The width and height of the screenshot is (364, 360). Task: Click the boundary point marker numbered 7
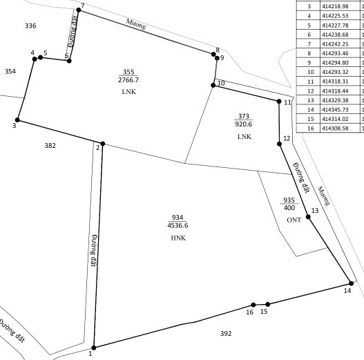(x=79, y=10)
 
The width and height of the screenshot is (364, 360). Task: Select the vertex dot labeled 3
(x=17, y=120)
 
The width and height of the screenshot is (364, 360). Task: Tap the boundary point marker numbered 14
(x=352, y=283)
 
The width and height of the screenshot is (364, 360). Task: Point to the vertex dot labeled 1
(x=93, y=348)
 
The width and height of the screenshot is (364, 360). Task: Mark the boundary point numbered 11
(x=279, y=102)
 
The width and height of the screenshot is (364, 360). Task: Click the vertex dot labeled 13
(x=308, y=217)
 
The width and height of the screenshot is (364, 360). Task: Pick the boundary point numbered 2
(x=103, y=144)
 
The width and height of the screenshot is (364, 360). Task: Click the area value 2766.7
(x=128, y=80)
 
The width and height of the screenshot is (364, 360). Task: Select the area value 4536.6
(x=178, y=225)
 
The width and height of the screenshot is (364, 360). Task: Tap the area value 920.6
(x=244, y=124)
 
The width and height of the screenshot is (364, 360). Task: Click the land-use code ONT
(x=294, y=220)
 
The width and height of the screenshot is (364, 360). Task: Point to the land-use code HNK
(x=178, y=238)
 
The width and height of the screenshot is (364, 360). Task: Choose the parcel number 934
(x=178, y=218)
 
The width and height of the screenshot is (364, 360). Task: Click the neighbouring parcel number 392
(x=226, y=334)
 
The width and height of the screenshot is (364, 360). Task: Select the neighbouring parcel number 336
(x=30, y=26)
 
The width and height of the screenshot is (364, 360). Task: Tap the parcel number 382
(x=50, y=146)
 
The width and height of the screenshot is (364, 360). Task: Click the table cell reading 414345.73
(x=335, y=110)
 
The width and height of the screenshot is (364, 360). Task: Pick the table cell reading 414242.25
(x=335, y=44)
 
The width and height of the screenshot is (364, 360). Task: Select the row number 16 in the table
(x=311, y=129)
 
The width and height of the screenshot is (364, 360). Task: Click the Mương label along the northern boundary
(x=136, y=24)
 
